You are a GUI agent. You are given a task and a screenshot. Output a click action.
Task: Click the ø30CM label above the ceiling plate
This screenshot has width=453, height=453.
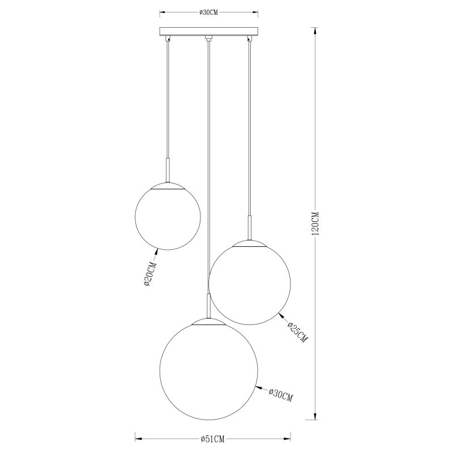coord(208,12)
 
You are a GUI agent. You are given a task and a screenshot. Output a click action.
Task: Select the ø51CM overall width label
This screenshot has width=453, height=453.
coord(213,439)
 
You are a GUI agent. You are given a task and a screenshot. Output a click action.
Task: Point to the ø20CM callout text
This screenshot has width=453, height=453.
coord(150,274)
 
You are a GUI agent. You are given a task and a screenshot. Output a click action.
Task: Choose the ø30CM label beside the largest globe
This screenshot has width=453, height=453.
coord(281,395)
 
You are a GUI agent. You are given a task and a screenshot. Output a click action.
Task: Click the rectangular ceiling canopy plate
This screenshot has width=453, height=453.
coord(209,31)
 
